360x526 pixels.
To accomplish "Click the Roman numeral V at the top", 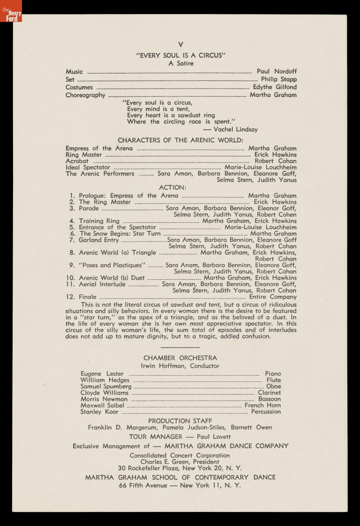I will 180,45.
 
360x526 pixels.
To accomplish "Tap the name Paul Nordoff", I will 277,71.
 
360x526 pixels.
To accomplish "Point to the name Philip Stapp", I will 279,79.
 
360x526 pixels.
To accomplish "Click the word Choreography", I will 86,95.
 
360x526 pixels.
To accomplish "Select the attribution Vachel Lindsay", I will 235,129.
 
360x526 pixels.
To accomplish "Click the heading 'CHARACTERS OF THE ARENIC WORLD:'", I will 180,140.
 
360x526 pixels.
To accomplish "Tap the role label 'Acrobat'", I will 77,161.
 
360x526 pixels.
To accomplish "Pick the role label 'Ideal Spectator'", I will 88,167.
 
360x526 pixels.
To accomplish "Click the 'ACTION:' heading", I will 173,188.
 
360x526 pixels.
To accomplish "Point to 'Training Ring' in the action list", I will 99,221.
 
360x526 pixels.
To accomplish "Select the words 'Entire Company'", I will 273,297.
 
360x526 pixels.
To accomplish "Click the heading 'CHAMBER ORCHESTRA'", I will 180,358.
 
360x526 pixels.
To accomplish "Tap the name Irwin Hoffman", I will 163,366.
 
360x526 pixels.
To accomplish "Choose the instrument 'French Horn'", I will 263,405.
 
